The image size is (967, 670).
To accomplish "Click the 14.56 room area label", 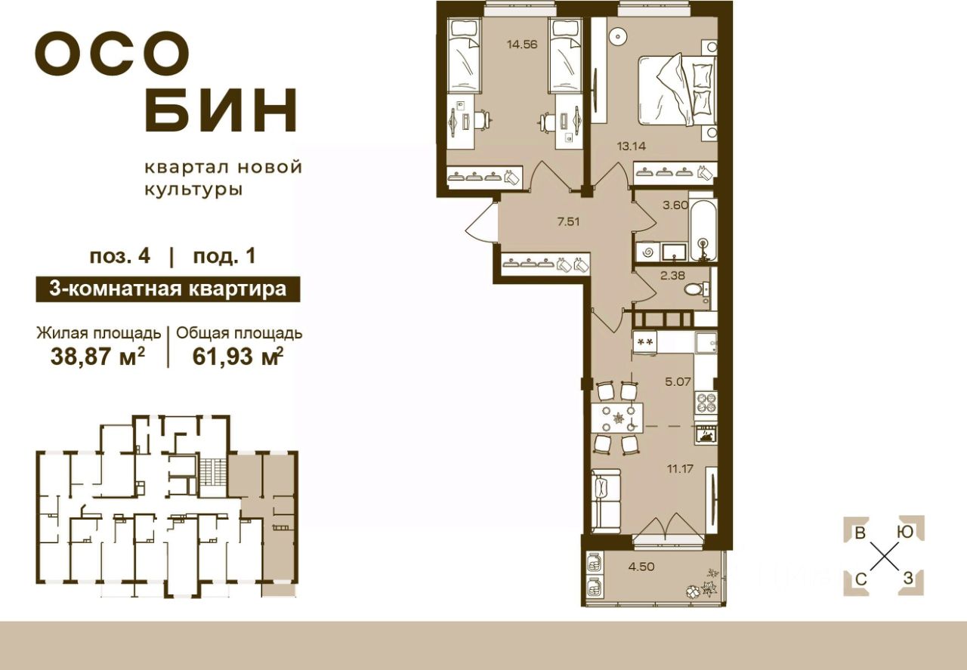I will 521,44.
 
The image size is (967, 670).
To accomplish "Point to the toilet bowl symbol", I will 694,290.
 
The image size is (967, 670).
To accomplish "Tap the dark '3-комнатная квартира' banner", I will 168,289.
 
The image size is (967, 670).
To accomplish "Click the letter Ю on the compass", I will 902,532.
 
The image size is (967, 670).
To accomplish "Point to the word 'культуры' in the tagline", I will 193,190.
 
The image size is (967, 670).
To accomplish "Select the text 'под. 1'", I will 224,255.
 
